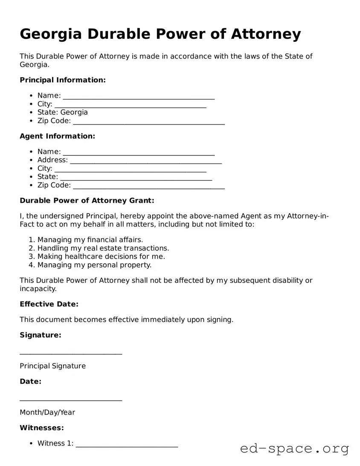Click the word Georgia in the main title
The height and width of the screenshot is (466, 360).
(x=50, y=34)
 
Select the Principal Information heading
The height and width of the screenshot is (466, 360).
(x=62, y=80)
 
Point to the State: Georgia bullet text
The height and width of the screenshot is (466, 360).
(x=62, y=112)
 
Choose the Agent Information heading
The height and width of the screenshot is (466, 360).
(x=57, y=136)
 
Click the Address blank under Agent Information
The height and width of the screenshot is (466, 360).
(x=146, y=160)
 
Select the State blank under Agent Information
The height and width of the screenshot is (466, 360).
(x=136, y=177)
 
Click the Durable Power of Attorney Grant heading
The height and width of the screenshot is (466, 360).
(x=87, y=201)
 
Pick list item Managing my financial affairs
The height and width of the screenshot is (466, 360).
(x=90, y=240)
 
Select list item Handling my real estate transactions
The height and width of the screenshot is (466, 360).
(x=103, y=248)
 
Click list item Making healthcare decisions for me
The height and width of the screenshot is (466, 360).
(x=101, y=256)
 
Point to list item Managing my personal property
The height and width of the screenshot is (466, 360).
(x=94, y=265)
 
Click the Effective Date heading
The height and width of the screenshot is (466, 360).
(x=49, y=304)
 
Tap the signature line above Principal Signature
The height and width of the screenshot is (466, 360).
(x=71, y=352)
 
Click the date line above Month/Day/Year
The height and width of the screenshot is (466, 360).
(x=71, y=399)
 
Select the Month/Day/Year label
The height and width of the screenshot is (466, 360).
(x=47, y=412)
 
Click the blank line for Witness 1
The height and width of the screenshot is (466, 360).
(x=127, y=444)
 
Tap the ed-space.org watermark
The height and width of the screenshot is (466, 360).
(x=294, y=449)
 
